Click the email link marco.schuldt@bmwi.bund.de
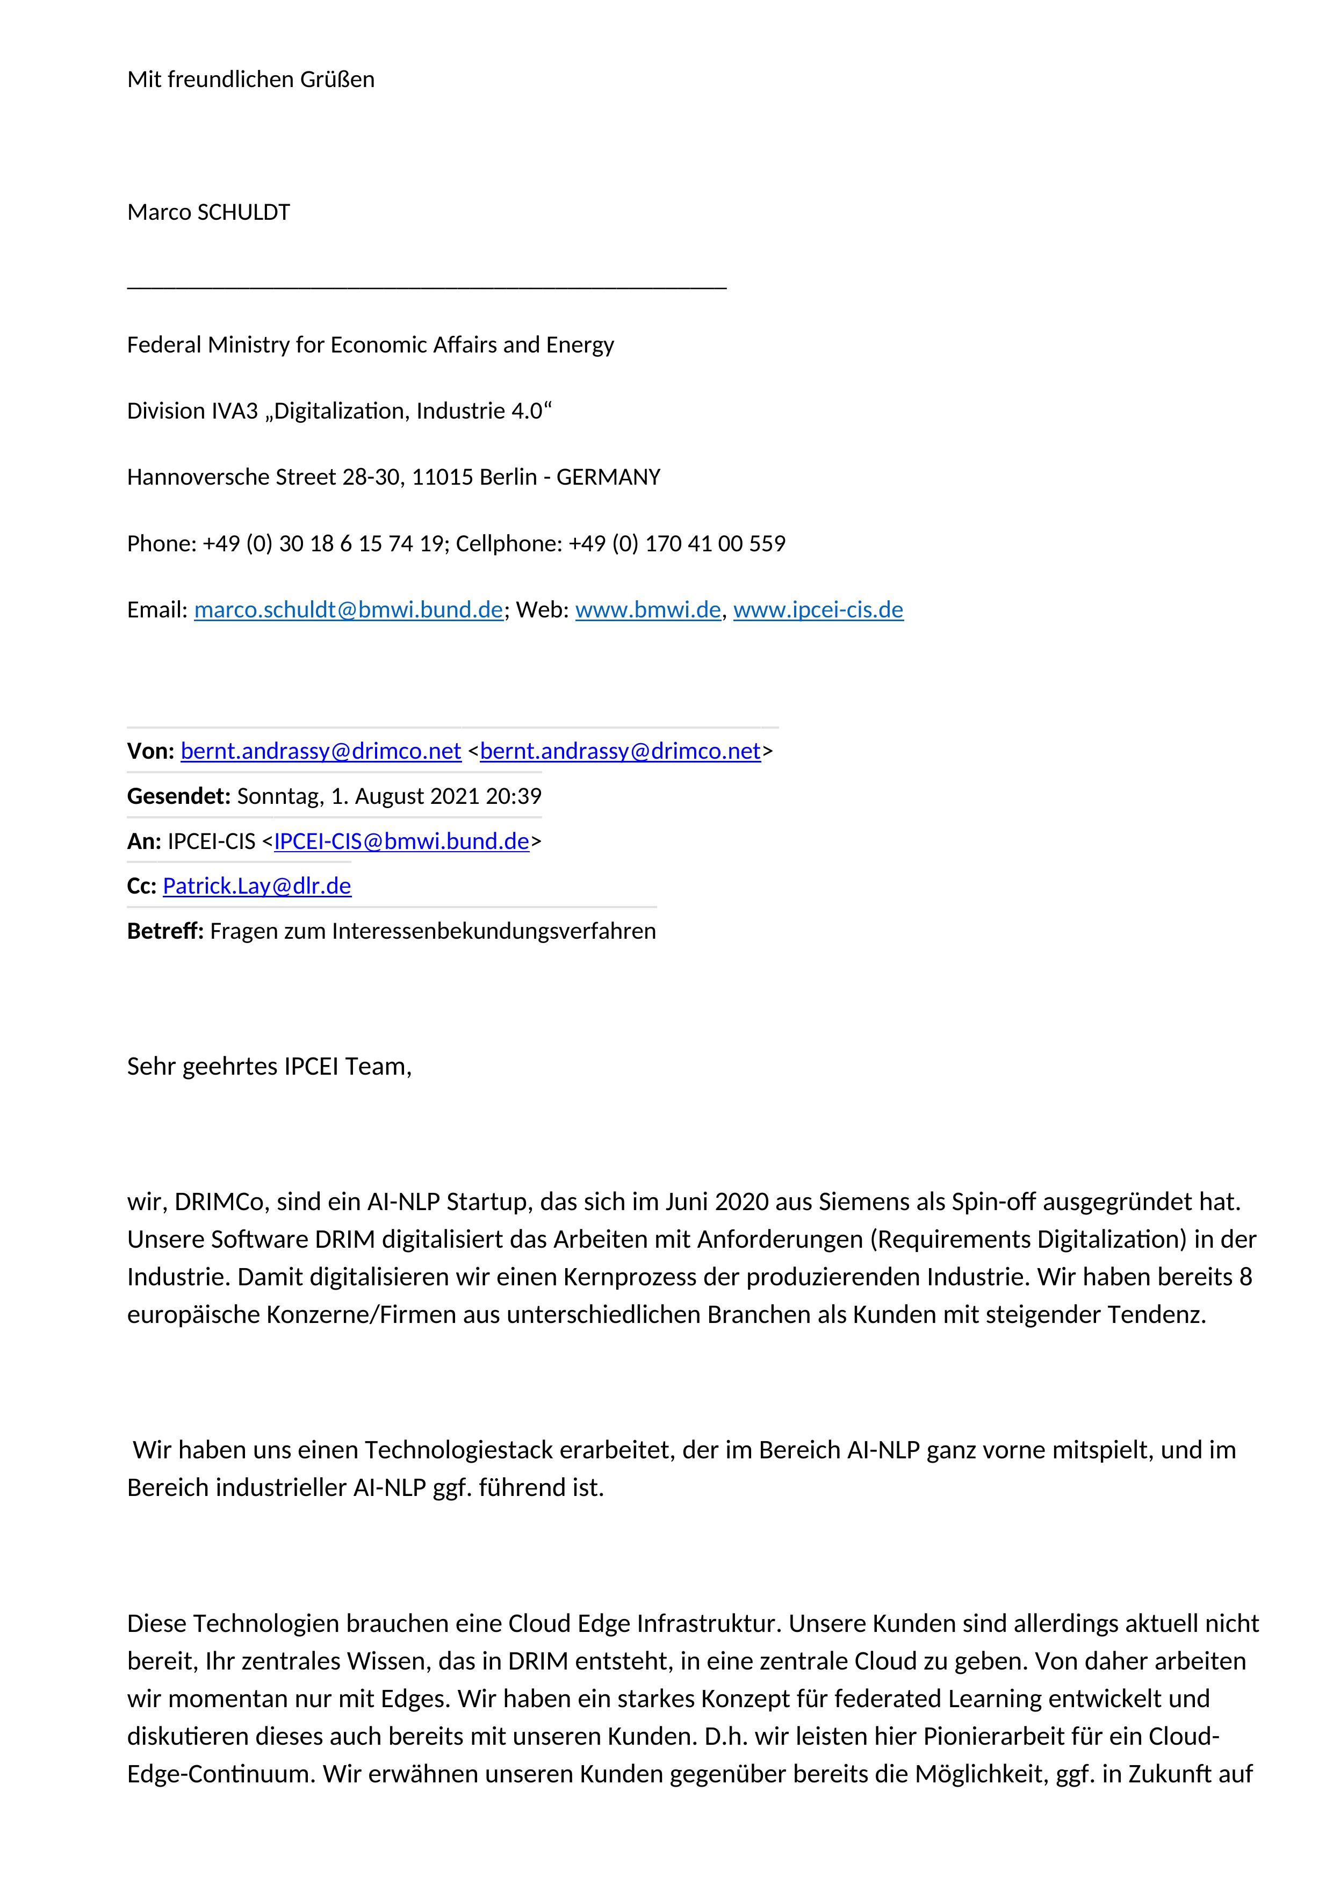[348, 610]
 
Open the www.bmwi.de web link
[647, 610]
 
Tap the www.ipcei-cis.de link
[818, 610]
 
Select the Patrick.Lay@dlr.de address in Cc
[257, 886]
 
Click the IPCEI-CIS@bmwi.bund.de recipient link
[401, 841]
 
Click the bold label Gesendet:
[179, 796]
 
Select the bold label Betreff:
[165, 931]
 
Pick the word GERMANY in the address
[608, 477]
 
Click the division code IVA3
[235, 411]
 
